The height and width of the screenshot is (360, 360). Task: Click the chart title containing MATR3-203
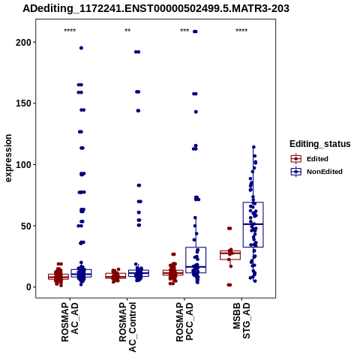tap(156, 8)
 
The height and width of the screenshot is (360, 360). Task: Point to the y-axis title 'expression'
tap(8, 158)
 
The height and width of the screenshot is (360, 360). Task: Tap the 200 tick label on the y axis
tap(23, 43)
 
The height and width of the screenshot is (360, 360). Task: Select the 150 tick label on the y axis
tap(23, 103)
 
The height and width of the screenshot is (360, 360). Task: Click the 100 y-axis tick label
tap(23, 165)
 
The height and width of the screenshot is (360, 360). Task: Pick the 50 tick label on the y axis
tap(26, 226)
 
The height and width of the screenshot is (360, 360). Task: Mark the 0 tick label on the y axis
tap(29, 287)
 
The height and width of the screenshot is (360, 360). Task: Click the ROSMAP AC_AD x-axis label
tap(70, 322)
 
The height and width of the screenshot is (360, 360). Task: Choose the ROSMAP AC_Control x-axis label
tap(127, 327)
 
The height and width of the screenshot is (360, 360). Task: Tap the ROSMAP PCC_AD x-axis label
tap(184, 322)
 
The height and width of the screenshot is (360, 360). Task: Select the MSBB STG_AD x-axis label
tap(241, 321)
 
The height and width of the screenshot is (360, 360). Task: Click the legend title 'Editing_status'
tap(320, 144)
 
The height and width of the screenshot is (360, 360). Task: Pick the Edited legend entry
tap(310, 159)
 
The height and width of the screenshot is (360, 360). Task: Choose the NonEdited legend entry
tap(316, 172)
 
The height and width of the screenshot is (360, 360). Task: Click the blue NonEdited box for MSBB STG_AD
tap(253, 224)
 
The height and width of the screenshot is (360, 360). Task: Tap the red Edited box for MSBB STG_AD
tap(230, 255)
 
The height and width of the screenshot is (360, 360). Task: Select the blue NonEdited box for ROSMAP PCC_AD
tap(196, 260)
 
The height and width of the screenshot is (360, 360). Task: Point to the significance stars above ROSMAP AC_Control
tap(127, 31)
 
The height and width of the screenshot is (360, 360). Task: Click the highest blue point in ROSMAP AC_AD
tap(81, 48)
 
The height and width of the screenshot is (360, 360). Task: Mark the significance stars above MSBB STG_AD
tap(241, 31)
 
